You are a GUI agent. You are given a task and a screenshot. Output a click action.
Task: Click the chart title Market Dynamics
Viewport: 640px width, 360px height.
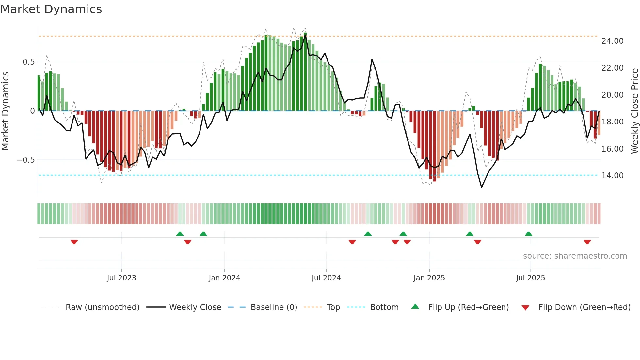[51, 9]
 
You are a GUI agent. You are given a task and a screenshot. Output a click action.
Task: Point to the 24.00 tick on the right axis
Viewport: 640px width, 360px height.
[612, 41]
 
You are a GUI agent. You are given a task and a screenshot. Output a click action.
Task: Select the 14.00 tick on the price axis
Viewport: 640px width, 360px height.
[612, 176]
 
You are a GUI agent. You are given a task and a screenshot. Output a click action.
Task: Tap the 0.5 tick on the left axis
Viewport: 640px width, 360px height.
[28, 62]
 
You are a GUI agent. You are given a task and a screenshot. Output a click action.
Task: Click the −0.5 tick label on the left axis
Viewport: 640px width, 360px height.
[25, 160]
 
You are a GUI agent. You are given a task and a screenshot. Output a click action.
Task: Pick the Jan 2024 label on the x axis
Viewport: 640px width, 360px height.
[224, 278]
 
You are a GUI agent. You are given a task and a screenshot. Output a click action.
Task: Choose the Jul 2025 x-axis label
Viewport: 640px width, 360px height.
[530, 278]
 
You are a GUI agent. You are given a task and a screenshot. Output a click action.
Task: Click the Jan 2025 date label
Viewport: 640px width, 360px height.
[429, 278]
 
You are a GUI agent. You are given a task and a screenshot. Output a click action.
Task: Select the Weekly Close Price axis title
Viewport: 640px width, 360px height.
[634, 111]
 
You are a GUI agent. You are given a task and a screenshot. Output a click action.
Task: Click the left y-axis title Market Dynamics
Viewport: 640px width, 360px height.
[5, 111]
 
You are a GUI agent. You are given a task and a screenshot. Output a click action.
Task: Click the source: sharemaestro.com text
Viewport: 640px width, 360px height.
[575, 256]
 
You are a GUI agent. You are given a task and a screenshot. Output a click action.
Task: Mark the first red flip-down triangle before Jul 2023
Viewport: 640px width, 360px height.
[74, 242]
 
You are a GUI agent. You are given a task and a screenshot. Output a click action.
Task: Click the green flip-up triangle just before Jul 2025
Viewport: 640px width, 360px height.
[528, 234]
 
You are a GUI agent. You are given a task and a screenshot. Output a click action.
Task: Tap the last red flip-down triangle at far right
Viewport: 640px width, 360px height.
[587, 242]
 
